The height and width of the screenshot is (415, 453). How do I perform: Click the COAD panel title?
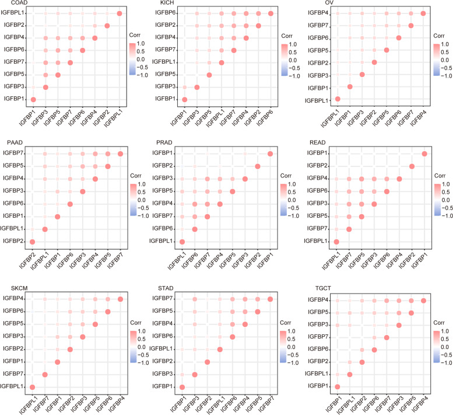tap(10, 4)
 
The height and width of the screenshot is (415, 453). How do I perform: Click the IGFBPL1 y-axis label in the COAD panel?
tap(15, 13)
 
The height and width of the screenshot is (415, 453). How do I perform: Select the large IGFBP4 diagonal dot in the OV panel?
tap(423, 13)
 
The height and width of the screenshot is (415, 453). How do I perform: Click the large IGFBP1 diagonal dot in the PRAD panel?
tap(270, 154)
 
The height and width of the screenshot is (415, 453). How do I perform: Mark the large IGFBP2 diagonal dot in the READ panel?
tap(412, 166)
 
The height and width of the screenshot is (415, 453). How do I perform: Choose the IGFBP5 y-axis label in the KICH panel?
tap(170, 75)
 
